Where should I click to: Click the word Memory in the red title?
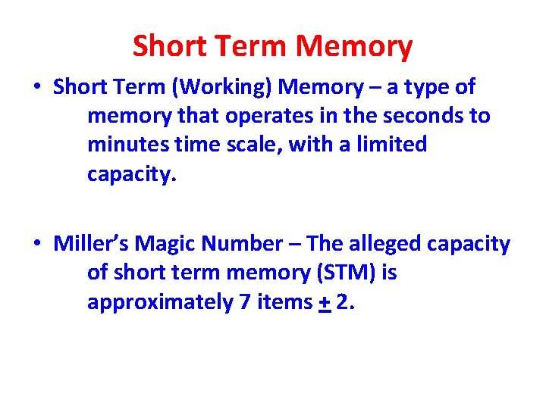[x=354, y=48]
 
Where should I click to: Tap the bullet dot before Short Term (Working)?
[x=37, y=88]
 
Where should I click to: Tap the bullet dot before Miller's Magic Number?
[x=37, y=245]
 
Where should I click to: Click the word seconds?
[x=430, y=117]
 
